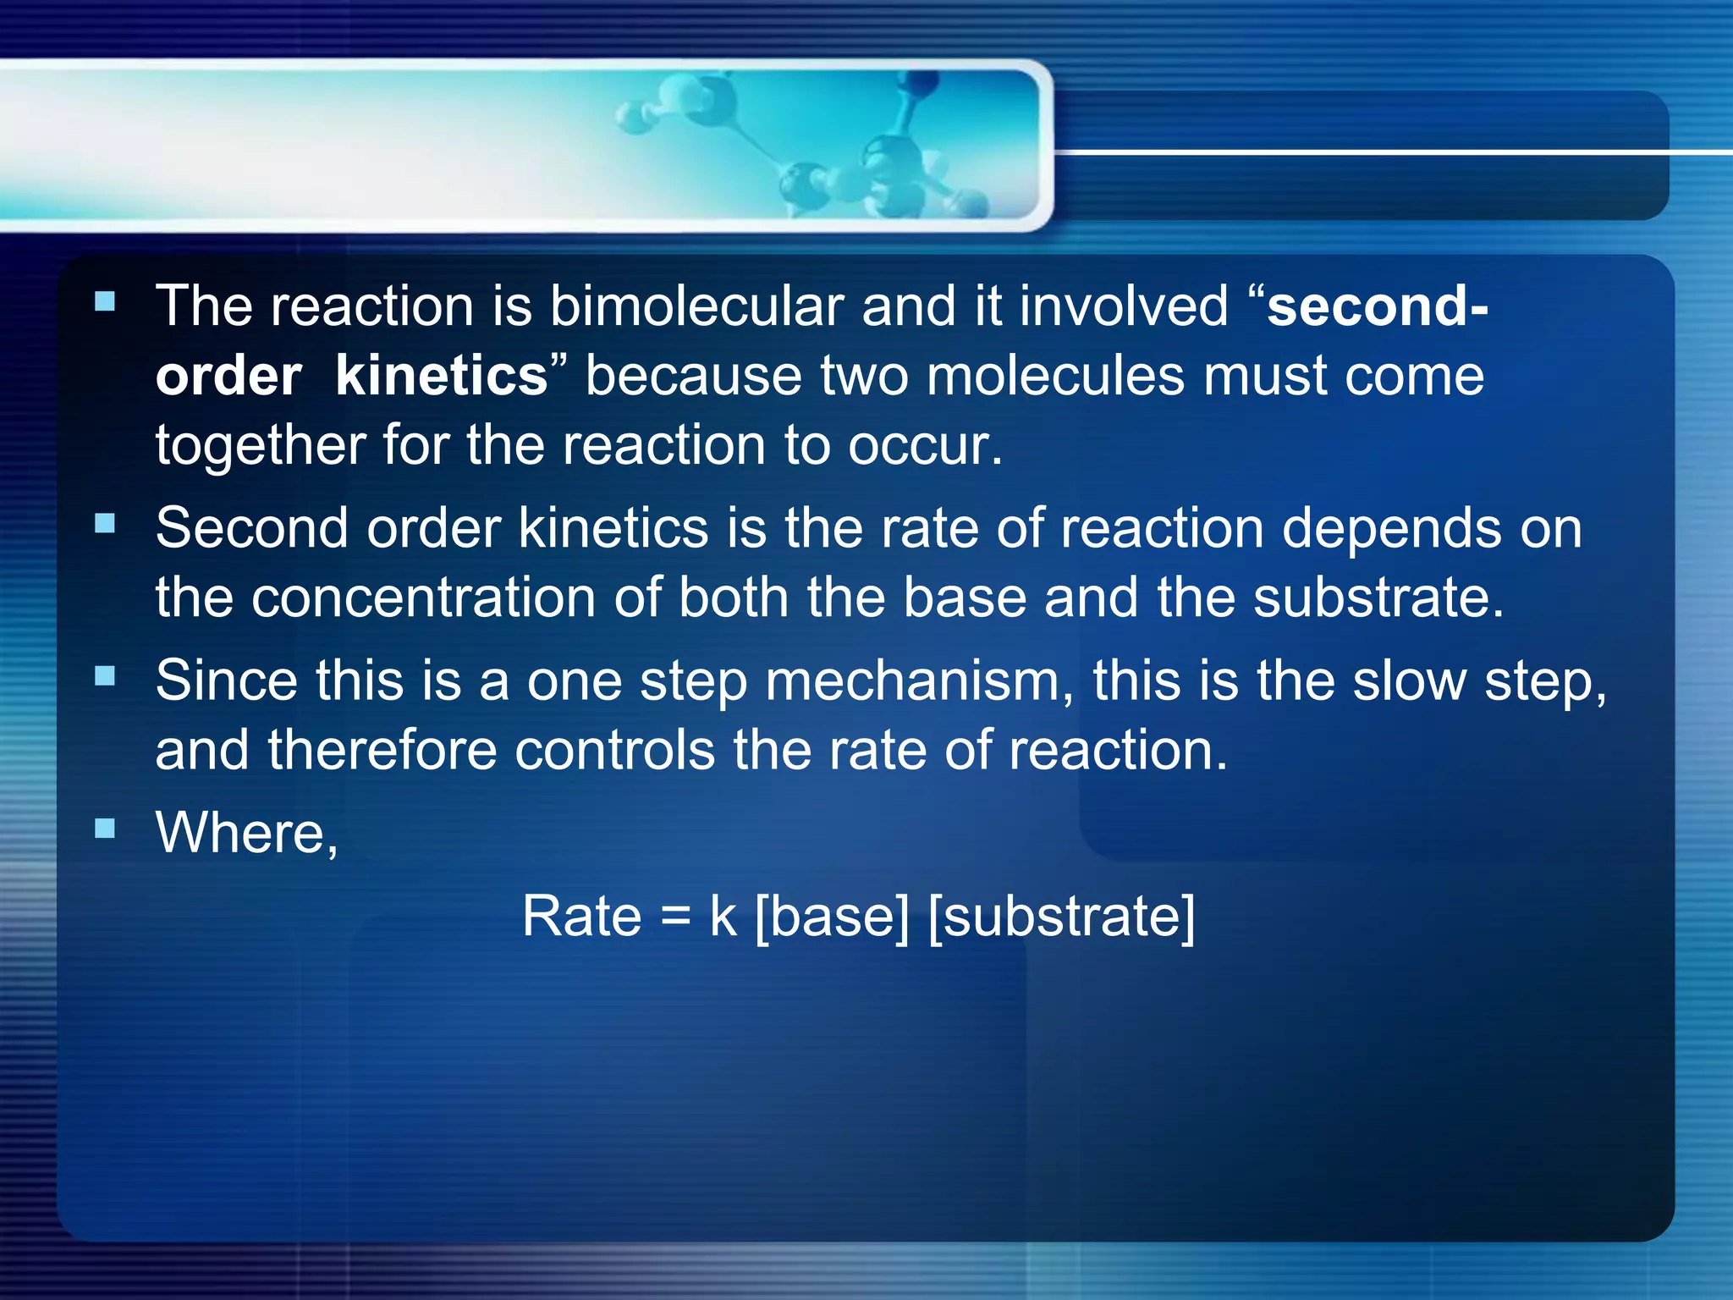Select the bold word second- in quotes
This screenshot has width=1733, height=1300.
(x=1377, y=306)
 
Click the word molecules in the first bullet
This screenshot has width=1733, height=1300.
(x=1056, y=376)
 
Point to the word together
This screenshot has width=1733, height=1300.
(x=259, y=446)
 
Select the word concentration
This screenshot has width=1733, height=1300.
(x=423, y=598)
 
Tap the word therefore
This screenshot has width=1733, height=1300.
(x=382, y=751)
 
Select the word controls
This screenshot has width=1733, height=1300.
(x=615, y=751)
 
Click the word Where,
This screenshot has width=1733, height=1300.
(x=247, y=833)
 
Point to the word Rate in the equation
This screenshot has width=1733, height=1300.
(x=581, y=917)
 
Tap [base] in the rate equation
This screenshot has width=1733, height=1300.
(x=832, y=917)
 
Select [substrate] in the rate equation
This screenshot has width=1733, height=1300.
(x=1062, y=917)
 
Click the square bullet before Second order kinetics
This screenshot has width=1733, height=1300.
(x=105, y=524)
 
